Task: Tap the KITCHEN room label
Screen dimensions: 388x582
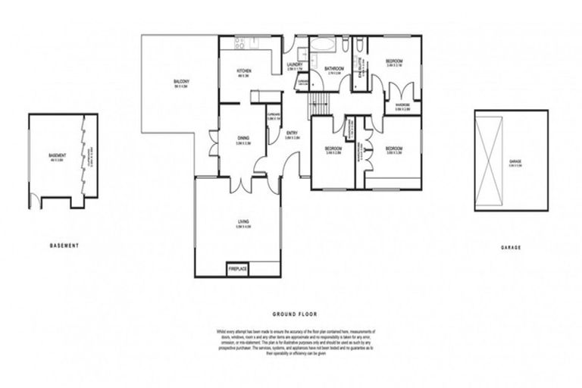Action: [x=244, y=71]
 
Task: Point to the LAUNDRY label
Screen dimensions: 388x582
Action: [x=295, y=65]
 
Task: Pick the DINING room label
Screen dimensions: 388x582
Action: [x=242, y=138]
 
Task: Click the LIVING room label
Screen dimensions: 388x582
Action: [x=242, y=222]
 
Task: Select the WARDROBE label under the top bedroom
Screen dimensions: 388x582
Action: [x=402, y=105]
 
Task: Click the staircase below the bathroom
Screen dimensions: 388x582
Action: [x=318, y=105]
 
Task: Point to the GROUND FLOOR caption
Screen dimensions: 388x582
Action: [x=295, y=314]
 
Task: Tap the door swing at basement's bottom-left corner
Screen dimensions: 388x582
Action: [x=34, y=201]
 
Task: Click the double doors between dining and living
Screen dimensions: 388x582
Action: [x=243, y=183]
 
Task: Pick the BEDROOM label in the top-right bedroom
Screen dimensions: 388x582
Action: [x=394, y=61]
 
